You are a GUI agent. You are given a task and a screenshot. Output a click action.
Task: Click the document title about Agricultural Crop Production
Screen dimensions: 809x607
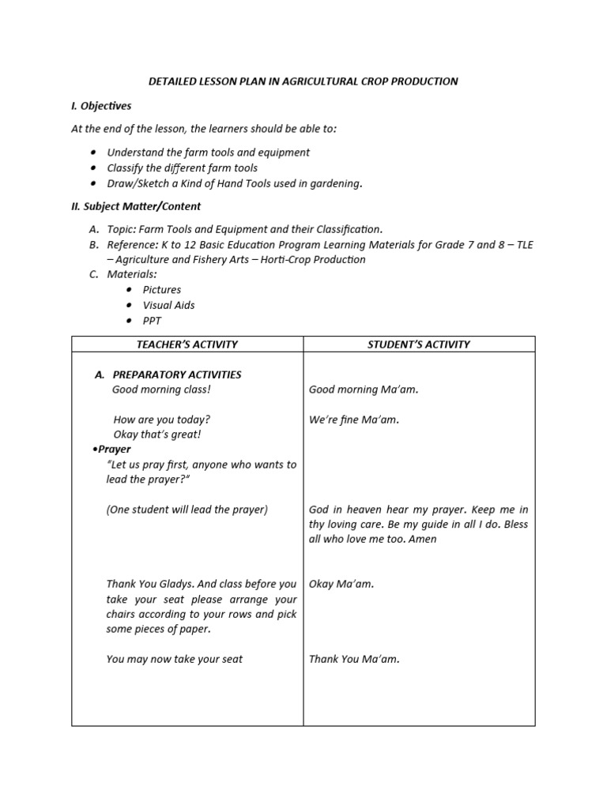click(x=303, y=81)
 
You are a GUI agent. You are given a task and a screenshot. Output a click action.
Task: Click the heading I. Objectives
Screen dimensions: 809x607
click(x=101, y=106)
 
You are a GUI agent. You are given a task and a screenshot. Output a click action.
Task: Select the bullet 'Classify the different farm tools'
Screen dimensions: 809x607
click(x=182, y=167)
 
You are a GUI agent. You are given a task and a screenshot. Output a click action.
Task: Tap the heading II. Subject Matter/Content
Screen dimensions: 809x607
click(x=136, y=206)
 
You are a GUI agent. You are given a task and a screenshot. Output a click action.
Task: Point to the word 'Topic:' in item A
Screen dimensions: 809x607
click(x=122, y=229)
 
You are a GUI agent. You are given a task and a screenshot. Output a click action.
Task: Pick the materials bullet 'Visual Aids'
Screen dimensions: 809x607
click(x=168, y=305)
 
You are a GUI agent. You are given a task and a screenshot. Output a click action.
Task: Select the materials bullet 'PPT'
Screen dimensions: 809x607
click(x=152, y=321)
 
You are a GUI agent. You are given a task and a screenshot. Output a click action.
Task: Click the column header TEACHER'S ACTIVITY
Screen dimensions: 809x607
click(x=187, y=344)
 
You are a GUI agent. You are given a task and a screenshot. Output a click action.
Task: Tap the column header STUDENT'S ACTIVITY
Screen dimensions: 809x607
click(x=419, y=344)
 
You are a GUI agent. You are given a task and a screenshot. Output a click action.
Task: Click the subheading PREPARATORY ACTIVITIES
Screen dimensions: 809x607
click(x=177, y=374)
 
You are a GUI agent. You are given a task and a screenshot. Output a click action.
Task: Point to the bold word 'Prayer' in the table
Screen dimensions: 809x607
click(x=115, y=449)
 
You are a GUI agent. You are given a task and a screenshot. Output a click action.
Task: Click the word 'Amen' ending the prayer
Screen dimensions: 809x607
click(x=423, y=540)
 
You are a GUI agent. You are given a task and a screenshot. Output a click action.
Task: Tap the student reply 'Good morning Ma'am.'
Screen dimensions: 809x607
click(x=364, y=389)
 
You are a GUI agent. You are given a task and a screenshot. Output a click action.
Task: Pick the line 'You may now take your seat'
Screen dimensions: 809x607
click(x=175, y=659)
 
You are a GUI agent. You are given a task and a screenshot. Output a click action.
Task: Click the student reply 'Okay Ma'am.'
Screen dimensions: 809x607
click(x=341, y=585)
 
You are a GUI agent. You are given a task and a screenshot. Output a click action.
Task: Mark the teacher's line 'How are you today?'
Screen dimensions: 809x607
click(x=162, y=420)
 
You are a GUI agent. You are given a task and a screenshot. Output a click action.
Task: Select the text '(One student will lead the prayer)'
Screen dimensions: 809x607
click(x=187, y=510)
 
